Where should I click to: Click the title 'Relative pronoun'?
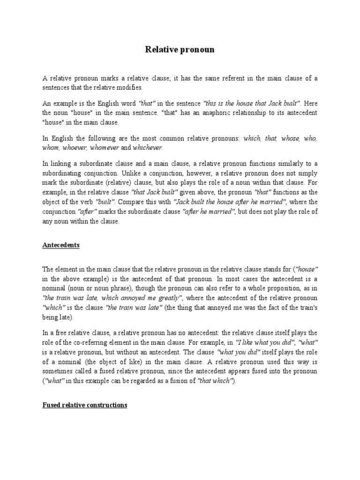[x=180, y=50]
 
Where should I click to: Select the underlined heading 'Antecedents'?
[x=61, y=245]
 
